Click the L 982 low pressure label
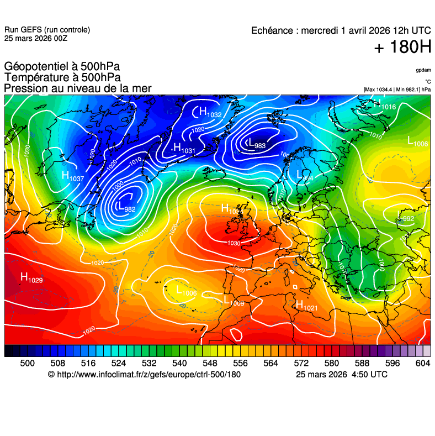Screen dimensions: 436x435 (x=126, y=207)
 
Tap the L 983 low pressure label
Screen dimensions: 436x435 (x=257, y=144)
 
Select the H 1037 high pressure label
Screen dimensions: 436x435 (x=72, y=177)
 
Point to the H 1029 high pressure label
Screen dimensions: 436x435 (x=31, y=277)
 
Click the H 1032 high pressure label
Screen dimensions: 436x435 (x=210, y=113)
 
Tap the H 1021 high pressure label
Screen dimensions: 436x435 (x=306, y=305)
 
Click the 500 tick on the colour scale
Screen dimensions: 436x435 (x=28, y=363)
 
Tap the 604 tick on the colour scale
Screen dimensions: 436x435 (x=423, y=363)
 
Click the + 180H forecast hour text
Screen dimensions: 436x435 (x=402, y=48)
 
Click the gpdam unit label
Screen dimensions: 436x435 (x=423, y=71)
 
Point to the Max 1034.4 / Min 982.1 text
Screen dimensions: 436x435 (x=397, y=89)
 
